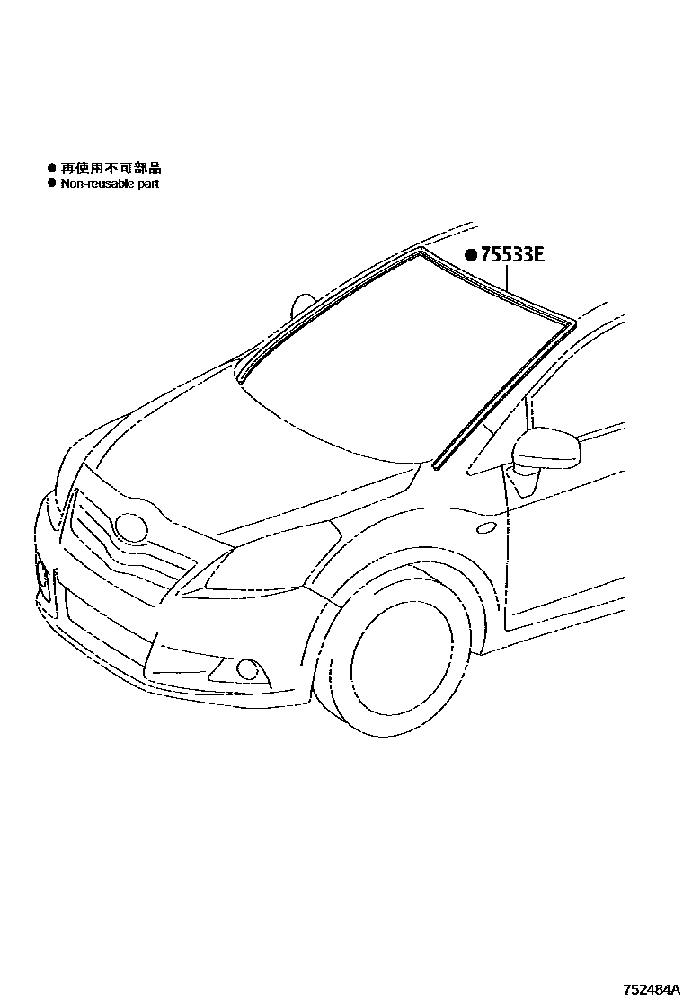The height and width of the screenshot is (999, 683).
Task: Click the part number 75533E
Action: click(513, 254)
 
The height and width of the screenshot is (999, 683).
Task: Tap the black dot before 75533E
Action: click(470, 254)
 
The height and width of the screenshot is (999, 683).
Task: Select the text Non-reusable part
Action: click(110, 183)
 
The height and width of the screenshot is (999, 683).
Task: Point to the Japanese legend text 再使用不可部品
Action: click(111, 168)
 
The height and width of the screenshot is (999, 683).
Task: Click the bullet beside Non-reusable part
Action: click(51, 183)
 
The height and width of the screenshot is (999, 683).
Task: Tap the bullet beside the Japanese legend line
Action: click(51, 168)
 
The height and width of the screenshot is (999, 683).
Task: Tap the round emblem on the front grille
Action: click(131, 527)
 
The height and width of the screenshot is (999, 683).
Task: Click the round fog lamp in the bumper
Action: click(244, 669)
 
